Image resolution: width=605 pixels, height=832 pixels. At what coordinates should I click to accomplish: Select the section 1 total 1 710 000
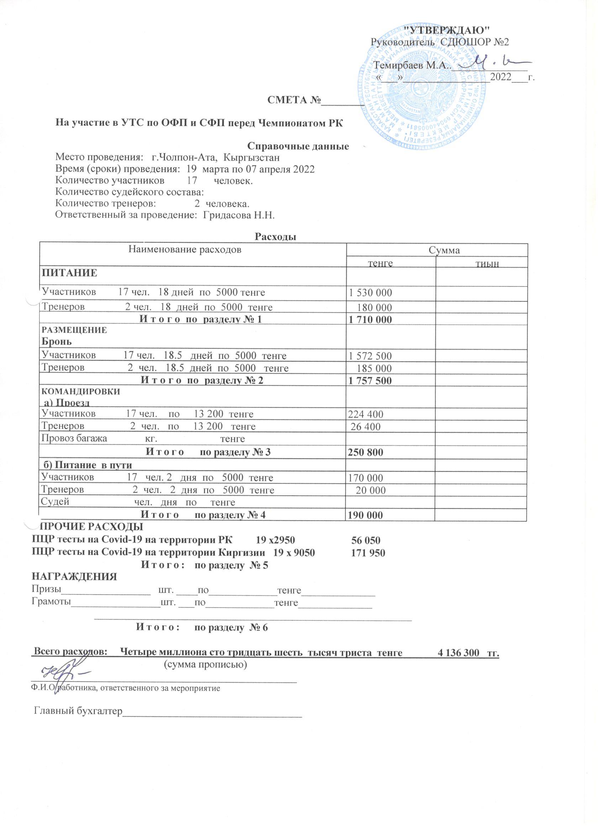(370, 320)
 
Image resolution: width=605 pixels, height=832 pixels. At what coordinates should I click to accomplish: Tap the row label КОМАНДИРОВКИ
(81, 391)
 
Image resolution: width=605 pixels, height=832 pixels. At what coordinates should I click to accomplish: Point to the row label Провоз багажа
(74, 438)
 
